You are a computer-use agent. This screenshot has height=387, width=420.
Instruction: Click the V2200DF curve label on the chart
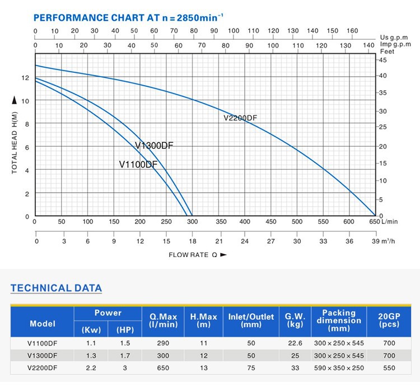240,118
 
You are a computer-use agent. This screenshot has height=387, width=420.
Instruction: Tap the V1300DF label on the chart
154,146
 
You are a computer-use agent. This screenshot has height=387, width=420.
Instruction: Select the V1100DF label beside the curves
138,165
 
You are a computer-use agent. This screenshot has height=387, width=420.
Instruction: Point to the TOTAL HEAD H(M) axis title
15,142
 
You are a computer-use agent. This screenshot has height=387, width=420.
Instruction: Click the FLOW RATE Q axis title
198,255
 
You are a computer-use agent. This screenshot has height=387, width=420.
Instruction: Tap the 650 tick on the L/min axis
374,222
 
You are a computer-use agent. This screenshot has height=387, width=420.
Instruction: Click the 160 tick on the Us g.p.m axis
353,31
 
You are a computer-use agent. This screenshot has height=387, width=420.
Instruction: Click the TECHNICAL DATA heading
57,288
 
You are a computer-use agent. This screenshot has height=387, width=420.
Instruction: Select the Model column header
43,324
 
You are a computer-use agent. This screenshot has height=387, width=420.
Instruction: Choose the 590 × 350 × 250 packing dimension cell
339,368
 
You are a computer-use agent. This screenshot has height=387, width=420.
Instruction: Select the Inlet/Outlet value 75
251,368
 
